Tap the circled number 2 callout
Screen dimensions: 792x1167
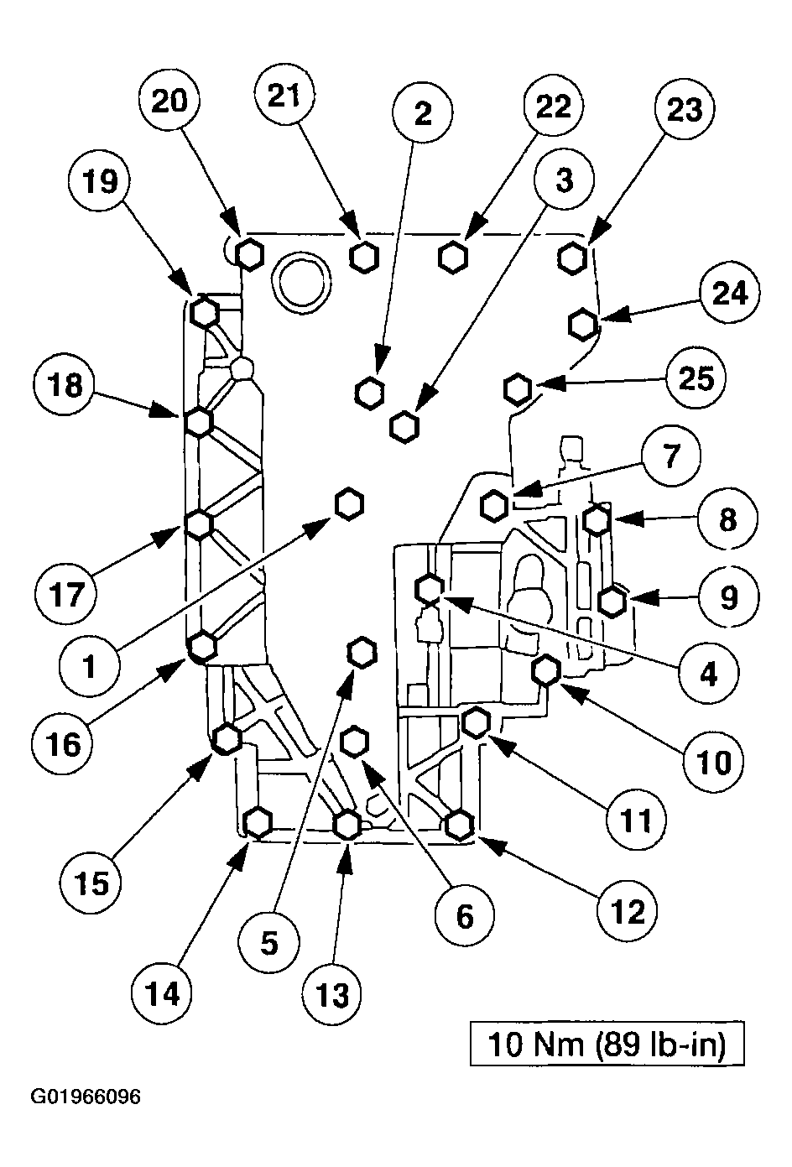(x=423, y=112)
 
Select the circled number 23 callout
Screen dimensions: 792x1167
(x=685, y=109)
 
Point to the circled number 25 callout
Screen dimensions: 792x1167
(x=697, y=378)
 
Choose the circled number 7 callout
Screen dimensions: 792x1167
(x=671, y=456)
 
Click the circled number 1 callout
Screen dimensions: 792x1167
(x=90, y=666)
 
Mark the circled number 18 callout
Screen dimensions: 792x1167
(x=65, y=386)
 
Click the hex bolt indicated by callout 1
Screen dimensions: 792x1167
(x=348, y=503)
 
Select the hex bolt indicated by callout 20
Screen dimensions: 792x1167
(x=249, y=255)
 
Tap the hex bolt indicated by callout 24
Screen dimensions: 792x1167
(x=582, y=325)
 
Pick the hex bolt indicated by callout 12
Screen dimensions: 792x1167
(x=459, y=825)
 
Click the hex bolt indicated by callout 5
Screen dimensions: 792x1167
(x=362, y=652)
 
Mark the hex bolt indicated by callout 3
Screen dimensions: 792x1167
(x=404, y=427)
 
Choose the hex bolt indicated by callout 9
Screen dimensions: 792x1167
(x=612, y=602)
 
